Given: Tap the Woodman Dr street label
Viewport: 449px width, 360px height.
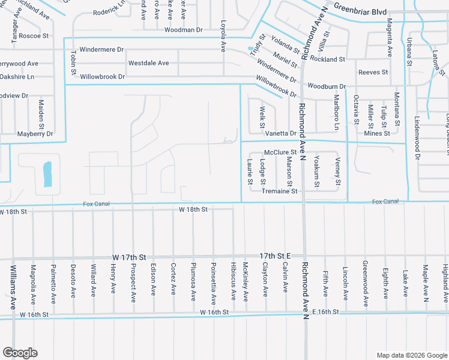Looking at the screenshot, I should pos(183,29).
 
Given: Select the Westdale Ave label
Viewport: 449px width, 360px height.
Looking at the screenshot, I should pos(148,63).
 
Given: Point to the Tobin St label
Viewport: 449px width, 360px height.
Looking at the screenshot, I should pos(74,62).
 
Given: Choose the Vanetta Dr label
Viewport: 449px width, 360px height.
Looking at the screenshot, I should pos(281,133).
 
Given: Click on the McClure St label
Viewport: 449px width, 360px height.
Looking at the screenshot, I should pos(280,152).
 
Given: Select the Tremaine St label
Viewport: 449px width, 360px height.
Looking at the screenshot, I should pos(280,191).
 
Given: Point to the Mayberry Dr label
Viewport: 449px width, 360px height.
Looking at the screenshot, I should pos(35,134).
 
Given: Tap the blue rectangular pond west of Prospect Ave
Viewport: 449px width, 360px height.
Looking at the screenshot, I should pos(47,174).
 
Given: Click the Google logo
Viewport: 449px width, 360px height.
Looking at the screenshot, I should pos(20,352).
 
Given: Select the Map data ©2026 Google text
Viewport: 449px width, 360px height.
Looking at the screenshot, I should pos(411,355).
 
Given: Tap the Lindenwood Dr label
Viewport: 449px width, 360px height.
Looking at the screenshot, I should pos(416,139).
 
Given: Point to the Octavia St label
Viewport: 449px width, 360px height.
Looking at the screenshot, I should pos(356,109).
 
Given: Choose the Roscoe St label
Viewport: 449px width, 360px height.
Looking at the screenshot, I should pos(34,36).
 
